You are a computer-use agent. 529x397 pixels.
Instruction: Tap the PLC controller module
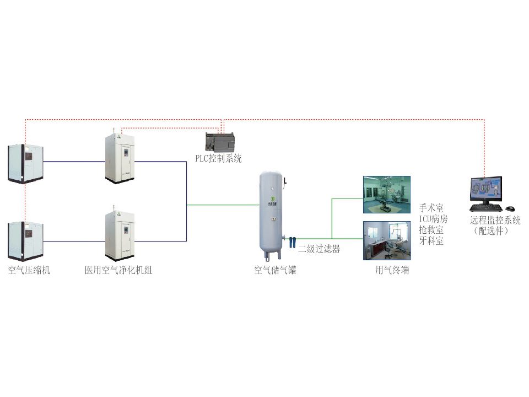220,142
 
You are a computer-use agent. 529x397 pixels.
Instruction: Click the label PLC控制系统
219,159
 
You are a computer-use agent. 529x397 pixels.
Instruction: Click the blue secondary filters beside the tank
292,241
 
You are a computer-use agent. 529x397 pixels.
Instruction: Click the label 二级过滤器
319,249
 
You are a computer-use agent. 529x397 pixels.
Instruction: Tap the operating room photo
386,194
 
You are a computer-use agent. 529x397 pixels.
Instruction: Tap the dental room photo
386,240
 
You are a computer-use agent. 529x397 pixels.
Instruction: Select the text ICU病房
433,219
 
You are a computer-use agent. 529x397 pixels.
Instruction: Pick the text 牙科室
431,241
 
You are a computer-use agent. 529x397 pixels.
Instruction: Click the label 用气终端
392,270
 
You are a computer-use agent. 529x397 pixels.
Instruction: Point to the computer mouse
510,208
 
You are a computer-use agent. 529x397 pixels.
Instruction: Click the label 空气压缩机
29,271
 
